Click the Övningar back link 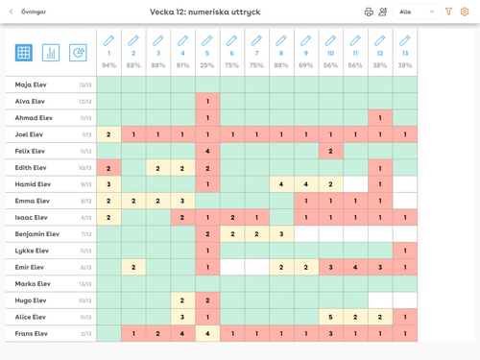[29, 12]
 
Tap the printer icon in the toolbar [369, 12]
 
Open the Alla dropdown [418, 12]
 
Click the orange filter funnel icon [448, 12]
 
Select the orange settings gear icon [466, 12]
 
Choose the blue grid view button [24, 53]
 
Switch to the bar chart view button [51, 53]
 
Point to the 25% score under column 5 [207, 65]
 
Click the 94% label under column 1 [108, 65]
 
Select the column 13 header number [405, 54]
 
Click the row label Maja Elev [31, 84]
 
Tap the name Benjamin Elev [37, 233]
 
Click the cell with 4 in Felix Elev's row [207, 151]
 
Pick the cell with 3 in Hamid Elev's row [108, 183]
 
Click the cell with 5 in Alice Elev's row [330, 317]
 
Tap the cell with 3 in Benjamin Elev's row [281, 233]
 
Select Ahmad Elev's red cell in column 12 [380, 118]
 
